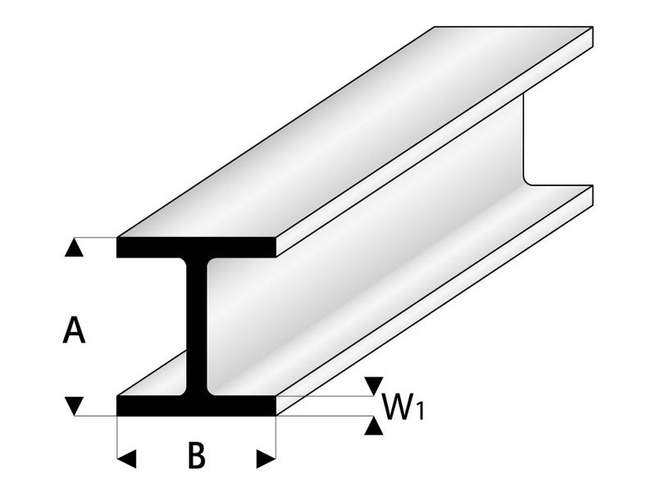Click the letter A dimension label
[74, 330]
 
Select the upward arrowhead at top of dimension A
[74, 248]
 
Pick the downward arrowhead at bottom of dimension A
[74, 406]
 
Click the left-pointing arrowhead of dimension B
[126, 459]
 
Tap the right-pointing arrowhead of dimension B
[266, 459]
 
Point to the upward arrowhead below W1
[374, 426]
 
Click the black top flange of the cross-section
[196, 248]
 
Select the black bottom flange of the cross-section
[196, 405]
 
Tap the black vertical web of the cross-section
[196, 326]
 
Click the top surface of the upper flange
[355, 132]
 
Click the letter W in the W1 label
[397, 408]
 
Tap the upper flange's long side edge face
[435, 142]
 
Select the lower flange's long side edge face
[435, 300]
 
